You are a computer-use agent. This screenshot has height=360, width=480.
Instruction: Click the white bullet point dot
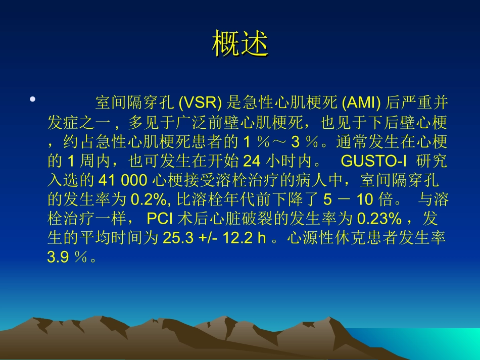click(x=33, y=100)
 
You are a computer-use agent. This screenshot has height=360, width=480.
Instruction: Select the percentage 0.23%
click(x=378, y=219)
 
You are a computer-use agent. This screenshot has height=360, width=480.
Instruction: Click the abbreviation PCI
click(x=161, y=219)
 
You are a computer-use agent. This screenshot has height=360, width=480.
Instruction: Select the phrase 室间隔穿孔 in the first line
click(x=135, y=103)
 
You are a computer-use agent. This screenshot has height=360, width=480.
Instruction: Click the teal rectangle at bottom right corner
click(x=445, y=343)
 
